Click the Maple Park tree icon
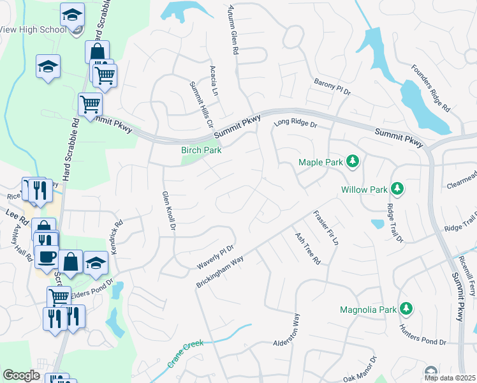[352, 161]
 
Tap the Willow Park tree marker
[397, 189]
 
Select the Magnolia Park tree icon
[406, 309]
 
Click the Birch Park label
[201, 151]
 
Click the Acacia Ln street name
[215, 79]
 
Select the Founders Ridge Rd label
[430, 89]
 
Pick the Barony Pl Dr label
[332, 87]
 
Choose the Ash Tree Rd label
[307, 248]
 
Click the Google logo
[22, 375]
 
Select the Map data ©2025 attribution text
[450, 378]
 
